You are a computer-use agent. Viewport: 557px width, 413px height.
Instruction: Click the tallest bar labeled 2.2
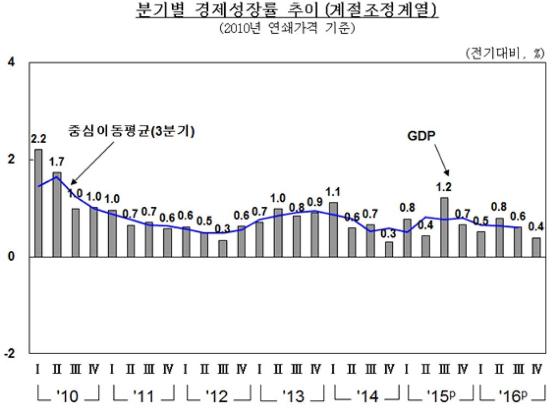(38, 202)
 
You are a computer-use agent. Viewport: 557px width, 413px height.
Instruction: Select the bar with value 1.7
(57, 214)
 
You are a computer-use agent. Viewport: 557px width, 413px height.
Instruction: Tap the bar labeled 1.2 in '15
(444, 227)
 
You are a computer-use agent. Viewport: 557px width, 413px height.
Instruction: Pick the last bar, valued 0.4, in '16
(536, 247)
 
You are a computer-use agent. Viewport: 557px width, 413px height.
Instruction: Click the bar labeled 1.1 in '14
(333, 229)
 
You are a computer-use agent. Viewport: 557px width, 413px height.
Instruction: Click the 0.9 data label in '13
(315, 202)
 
